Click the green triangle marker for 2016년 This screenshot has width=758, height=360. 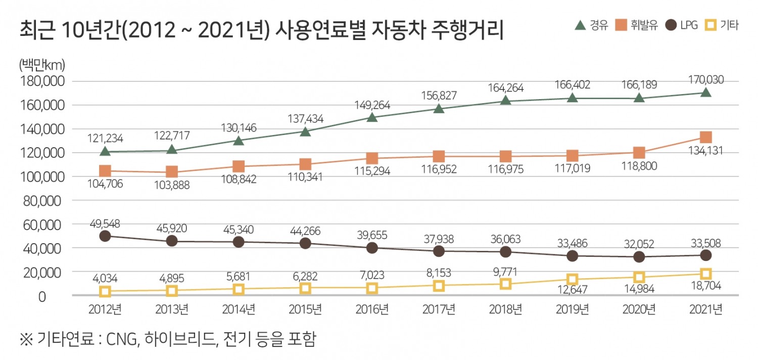point(372,117)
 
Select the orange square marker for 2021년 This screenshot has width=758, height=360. point(705,137)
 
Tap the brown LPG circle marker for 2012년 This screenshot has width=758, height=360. point(105,236)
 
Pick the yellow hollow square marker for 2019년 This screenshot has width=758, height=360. point(572,279)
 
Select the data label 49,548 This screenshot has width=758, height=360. point(105,223)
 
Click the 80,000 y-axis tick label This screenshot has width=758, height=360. point(43,201)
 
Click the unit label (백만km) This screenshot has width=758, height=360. point(41,65)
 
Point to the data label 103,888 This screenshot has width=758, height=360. point(171,185)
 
